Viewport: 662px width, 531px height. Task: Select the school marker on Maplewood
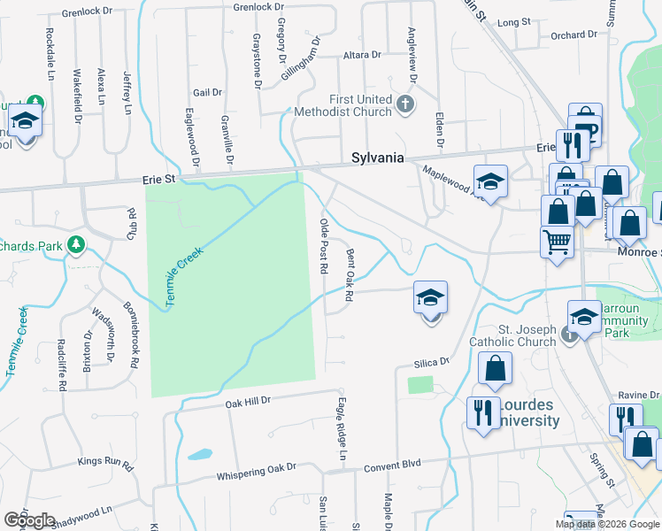tap(490, 183)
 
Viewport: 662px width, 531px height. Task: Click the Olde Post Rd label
tap(324, 246)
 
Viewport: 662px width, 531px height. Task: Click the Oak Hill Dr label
tap(247, 403)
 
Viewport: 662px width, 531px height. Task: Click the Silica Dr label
tap(433, 363)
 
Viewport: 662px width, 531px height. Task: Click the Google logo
tap(28, 520)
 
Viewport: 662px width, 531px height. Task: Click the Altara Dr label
tap(361, 55)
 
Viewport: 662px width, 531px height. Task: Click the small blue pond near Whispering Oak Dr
tap(199, 454)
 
